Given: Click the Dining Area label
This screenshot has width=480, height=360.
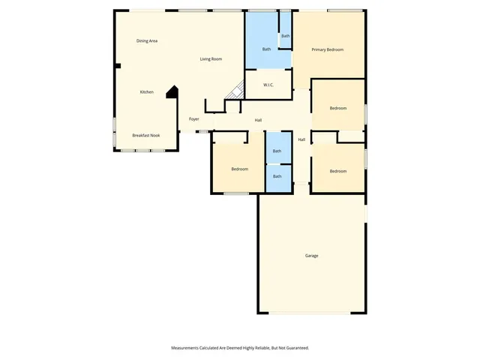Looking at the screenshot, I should [147, 40].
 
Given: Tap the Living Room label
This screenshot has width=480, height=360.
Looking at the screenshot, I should [211, 59].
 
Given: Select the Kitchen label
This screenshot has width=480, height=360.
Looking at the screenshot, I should [147, 92].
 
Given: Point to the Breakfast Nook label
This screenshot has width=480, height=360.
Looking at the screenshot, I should [146, 135].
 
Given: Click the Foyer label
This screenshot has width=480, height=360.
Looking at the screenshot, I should [193, 119].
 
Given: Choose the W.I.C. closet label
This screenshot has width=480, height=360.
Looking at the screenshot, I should [268, 85].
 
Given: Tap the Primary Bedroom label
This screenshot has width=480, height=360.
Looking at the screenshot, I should [328, 49].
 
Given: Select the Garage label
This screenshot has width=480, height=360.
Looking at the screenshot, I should [311, 256].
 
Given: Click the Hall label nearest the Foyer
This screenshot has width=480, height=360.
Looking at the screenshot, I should [258, 120].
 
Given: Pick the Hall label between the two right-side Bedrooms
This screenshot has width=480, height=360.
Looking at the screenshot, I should [301, 139].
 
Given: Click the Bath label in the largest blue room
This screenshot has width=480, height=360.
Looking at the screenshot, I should [266, 49].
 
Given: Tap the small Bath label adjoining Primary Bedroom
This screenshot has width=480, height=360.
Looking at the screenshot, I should [286, 36].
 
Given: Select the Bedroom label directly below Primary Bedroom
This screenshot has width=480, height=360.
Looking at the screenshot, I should [338, 108].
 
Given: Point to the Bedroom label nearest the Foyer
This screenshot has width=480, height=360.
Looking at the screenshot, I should [239, 169].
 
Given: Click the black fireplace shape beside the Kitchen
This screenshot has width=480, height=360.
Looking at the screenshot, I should [172, 91].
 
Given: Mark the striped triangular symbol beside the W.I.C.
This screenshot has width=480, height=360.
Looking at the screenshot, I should [236, 90].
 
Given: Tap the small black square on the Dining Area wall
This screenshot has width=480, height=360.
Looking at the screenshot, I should [117, 66].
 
